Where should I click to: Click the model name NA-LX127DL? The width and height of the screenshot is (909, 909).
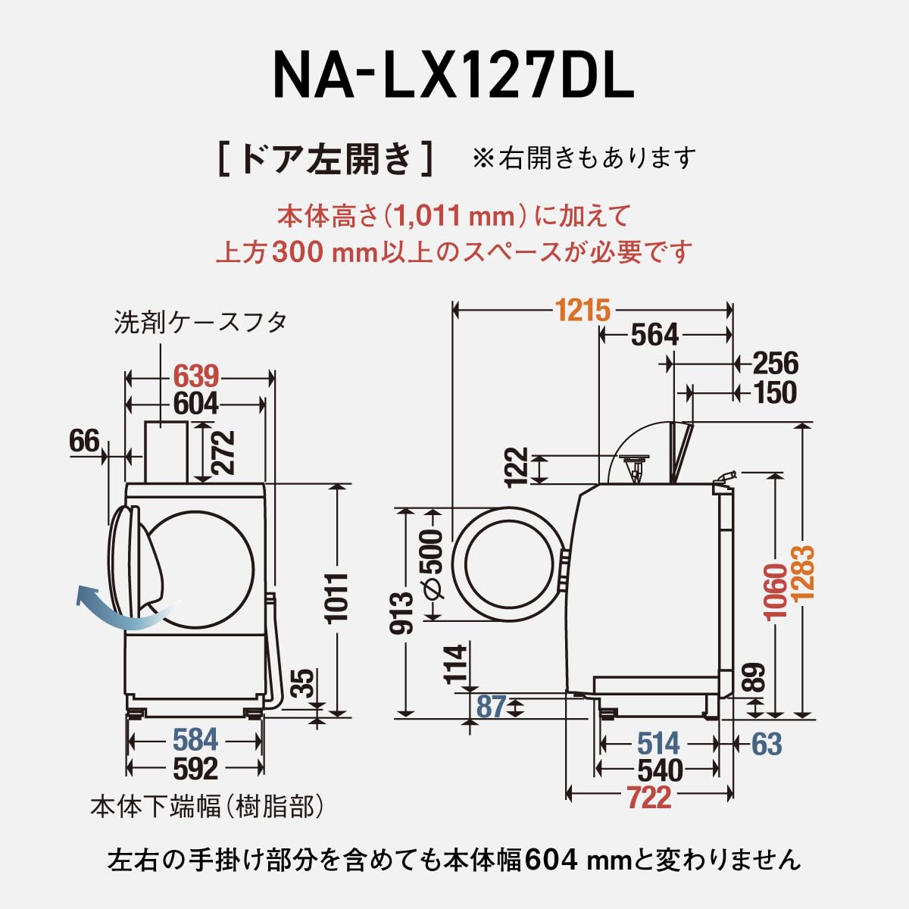point(453,77)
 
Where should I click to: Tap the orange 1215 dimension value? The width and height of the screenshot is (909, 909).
point(582,309)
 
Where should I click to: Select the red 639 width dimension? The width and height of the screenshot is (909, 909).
point(196,376)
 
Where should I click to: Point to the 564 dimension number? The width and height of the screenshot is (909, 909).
point(654,335)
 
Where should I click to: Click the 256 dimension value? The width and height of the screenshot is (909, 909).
point(775,364)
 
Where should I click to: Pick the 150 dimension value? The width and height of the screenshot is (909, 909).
point(775,392)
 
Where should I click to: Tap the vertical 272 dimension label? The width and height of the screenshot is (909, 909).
point(223,452)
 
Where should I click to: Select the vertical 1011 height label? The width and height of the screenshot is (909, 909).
point(337,598)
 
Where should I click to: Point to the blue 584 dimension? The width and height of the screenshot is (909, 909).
point(195,740)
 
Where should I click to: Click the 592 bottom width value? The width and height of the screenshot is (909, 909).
point(195,769)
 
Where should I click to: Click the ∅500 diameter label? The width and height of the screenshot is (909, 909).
point(431,565)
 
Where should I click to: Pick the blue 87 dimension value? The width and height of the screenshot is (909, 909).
point(491,707)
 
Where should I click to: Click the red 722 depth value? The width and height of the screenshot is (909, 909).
point(649,797)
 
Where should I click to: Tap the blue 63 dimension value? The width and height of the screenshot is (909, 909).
point(766,744)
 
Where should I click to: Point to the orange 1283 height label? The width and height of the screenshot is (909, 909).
point(804,573)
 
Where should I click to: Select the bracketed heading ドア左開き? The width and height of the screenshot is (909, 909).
point(326,159)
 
